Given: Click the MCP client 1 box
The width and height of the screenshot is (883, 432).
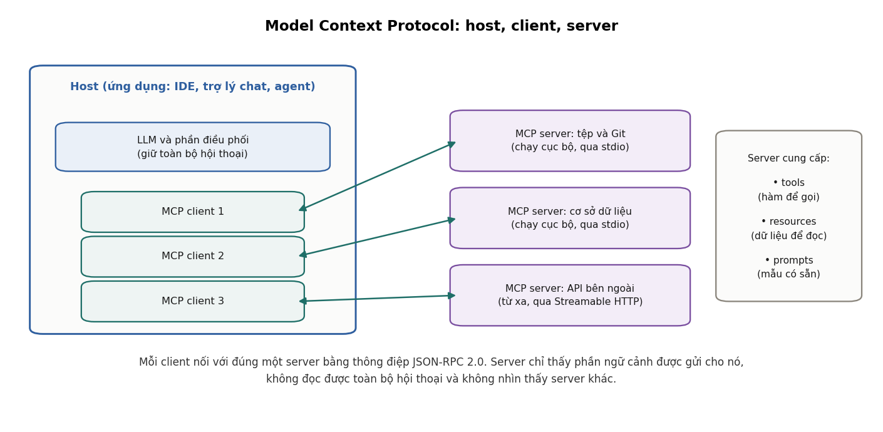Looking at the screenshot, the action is pos(193,212).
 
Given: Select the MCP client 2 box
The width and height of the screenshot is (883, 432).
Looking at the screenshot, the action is pos(193,257).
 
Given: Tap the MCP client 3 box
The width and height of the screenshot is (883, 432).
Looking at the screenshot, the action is pos(193,302).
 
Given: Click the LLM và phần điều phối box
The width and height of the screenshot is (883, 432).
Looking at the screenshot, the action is pos(193,147).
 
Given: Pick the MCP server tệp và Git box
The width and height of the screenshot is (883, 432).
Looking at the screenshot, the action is pos(570,141).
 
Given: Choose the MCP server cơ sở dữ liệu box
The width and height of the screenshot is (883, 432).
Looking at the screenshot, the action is pos(570,218).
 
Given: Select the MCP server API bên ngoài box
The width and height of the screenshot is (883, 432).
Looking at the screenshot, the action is pos(570,296).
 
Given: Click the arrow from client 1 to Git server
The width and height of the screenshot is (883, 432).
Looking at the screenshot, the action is pos(377,176).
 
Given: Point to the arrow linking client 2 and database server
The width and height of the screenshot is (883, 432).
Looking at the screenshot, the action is pos(377,237).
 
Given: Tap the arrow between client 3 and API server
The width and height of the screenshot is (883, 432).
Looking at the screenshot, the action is pos(377,299).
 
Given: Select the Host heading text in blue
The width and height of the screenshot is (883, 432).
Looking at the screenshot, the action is pos(193,86).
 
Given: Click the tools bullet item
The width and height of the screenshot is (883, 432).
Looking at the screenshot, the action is pos(789,190).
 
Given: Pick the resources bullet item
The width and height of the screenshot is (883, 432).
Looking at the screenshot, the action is pos(789,229).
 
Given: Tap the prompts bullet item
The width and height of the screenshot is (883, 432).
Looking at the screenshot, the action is pos(789,267).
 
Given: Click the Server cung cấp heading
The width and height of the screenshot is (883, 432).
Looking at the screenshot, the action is pos(789,158).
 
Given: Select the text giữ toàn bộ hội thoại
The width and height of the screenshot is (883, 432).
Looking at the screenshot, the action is pos(192,154).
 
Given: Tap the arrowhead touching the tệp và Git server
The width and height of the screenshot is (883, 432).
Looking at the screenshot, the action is pos(452,143).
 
